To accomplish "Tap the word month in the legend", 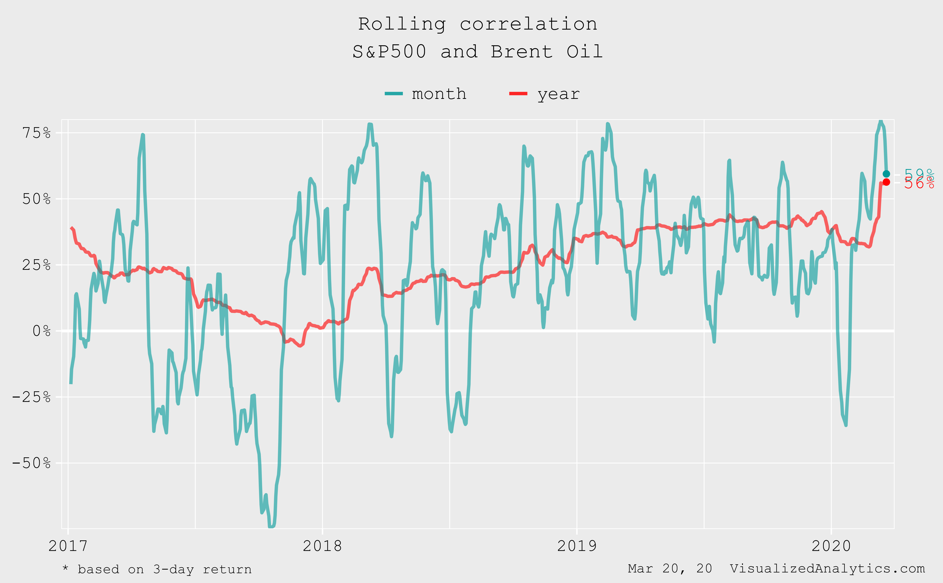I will (x=439, y=94).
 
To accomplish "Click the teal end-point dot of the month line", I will (x=886, y=174).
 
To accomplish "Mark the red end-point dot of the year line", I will (x=886, y=182).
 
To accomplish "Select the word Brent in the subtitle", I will (x=521, y=52).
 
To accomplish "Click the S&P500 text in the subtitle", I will (x=389, y=52).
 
